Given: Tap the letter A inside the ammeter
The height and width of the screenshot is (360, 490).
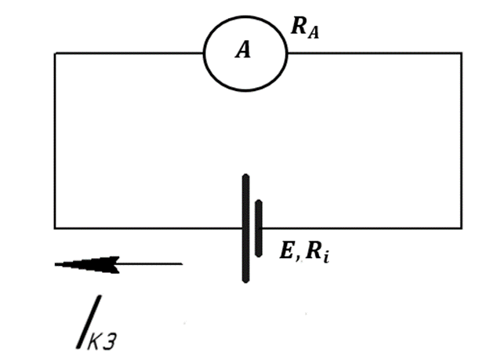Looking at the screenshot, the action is (x=243, y=50).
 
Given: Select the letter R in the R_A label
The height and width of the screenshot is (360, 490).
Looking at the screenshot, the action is (x=299, y=26).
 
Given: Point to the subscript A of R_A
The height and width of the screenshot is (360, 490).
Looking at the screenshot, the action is (x=314, y=33).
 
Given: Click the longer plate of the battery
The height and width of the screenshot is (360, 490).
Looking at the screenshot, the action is (x=246, y=228).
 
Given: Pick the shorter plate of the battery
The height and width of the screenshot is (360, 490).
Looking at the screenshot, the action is (x=259, y=228).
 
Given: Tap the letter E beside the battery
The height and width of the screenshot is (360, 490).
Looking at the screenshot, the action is (x=287, y=250).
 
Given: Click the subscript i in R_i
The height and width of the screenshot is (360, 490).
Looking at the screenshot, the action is (x=326, y=257).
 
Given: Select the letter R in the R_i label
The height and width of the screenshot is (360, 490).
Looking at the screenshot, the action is (x=314, y=250).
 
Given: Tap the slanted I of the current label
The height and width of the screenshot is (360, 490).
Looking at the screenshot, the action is (x=89, y=322).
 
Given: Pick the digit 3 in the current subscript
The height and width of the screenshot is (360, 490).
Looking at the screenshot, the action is (x=110, y=341).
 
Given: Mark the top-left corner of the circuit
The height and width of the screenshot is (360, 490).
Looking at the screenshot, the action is (x=55, y=53).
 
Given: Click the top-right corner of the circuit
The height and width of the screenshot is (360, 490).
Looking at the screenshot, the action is (x=462, y=53).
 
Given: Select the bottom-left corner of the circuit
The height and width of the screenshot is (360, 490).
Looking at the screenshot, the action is (x=55, y=228).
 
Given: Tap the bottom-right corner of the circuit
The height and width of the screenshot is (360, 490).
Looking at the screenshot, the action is (x=462, y=228).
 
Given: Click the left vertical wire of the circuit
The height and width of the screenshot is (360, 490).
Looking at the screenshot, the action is (x=55, y=141).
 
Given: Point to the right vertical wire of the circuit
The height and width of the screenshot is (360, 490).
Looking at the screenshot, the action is (x=462, y=141).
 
